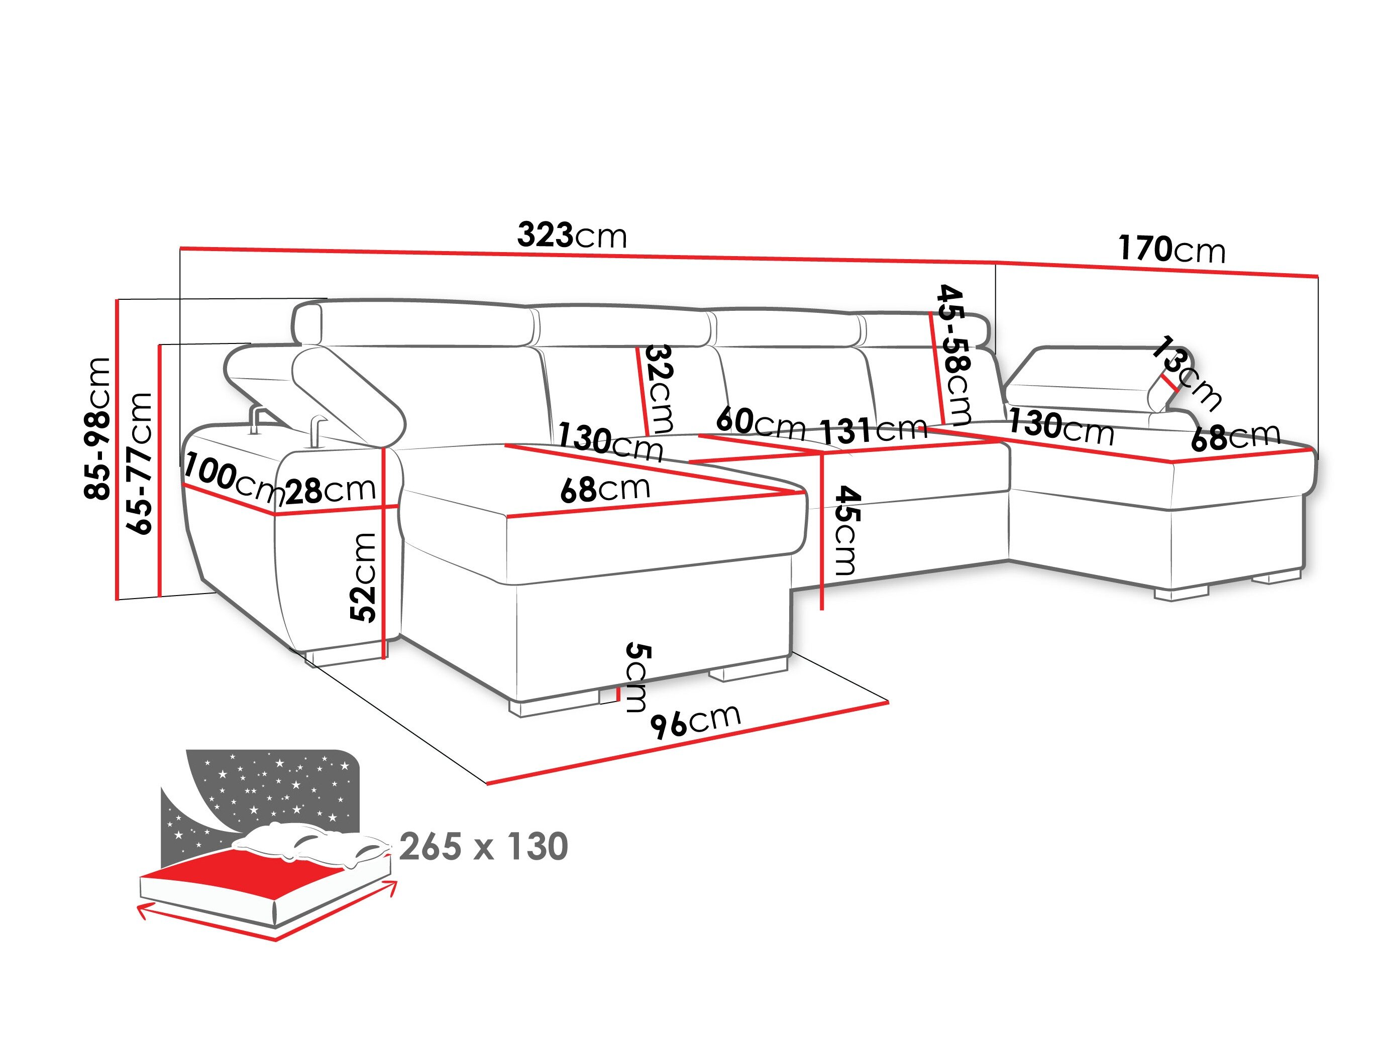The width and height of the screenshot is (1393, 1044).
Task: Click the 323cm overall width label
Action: click(x=572, y=236)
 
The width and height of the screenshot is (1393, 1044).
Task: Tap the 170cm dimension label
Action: click(x=1171, y=250)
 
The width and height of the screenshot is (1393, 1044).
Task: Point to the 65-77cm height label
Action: click(x=140, y=463)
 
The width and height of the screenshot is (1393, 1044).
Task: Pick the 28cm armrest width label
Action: click(x=331, y=490)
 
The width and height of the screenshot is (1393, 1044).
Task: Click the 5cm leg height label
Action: click(x=636, y=677)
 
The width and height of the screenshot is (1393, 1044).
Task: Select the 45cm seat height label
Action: click(x=845, y=530)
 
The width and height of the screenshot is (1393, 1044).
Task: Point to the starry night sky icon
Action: click(x=277, y=787)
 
